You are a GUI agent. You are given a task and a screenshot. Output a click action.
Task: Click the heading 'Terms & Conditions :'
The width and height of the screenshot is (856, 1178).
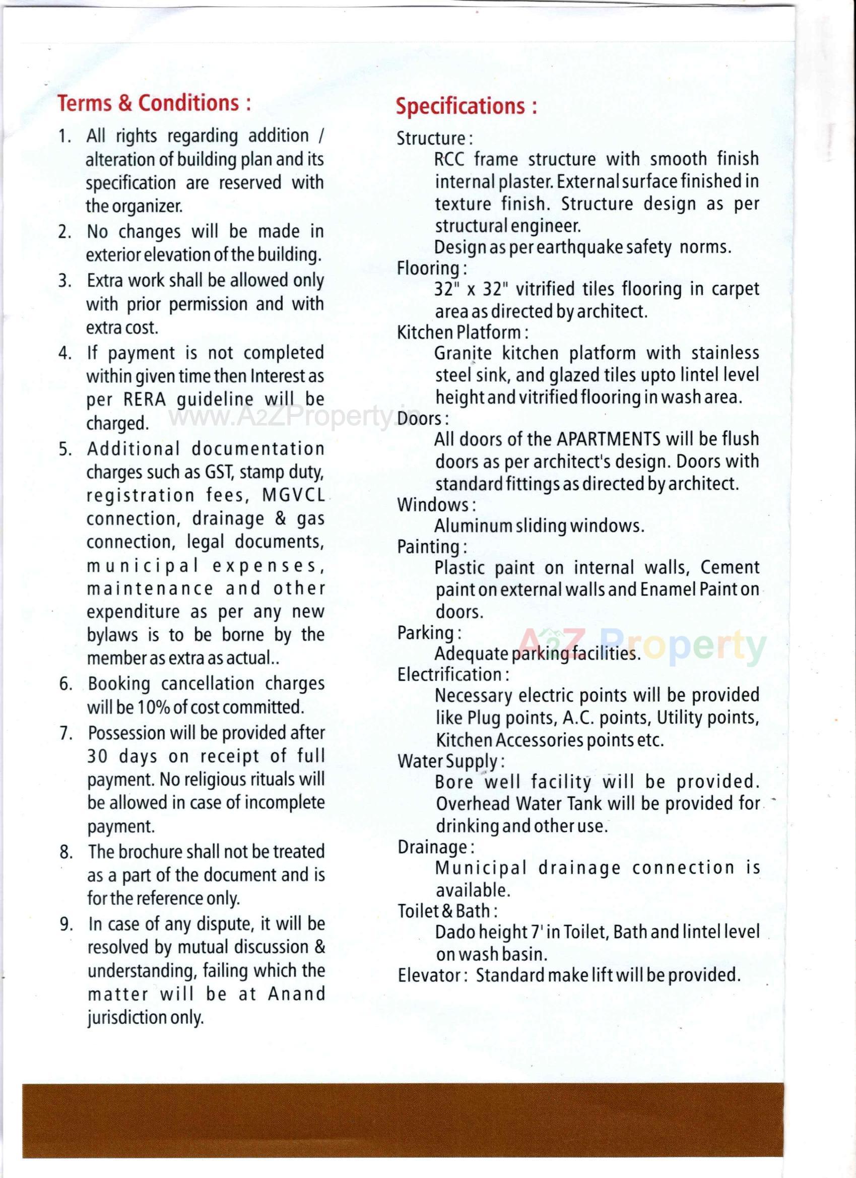click(x=154, y=103)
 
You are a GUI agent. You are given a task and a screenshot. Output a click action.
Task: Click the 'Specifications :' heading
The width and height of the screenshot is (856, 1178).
click(x=466, y=106)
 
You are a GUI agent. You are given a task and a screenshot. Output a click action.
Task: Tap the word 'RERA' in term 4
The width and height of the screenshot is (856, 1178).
click(x=145, y=400)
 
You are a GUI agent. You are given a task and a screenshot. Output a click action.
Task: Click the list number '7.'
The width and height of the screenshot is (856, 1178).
click(x=65, y=733)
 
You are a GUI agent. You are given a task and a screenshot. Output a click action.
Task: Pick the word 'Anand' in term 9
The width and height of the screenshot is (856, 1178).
click(x=297, y=994)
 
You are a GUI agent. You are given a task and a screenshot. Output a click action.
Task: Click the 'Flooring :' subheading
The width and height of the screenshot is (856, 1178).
click(x=432, y=268)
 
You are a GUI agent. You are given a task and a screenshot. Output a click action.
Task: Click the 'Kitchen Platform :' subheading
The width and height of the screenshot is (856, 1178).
click(x=463, y=333)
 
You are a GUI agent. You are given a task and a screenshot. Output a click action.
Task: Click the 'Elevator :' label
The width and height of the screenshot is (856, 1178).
click(x=433, y=975)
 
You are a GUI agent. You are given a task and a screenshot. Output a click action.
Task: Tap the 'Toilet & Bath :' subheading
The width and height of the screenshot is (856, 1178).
click(x=448, y=911)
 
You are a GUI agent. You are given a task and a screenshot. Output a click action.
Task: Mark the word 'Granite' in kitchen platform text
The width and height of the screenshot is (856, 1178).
click(x=463, y=354)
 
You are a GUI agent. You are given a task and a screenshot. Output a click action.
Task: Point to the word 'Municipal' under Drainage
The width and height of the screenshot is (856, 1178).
click(x=481, y=868)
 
